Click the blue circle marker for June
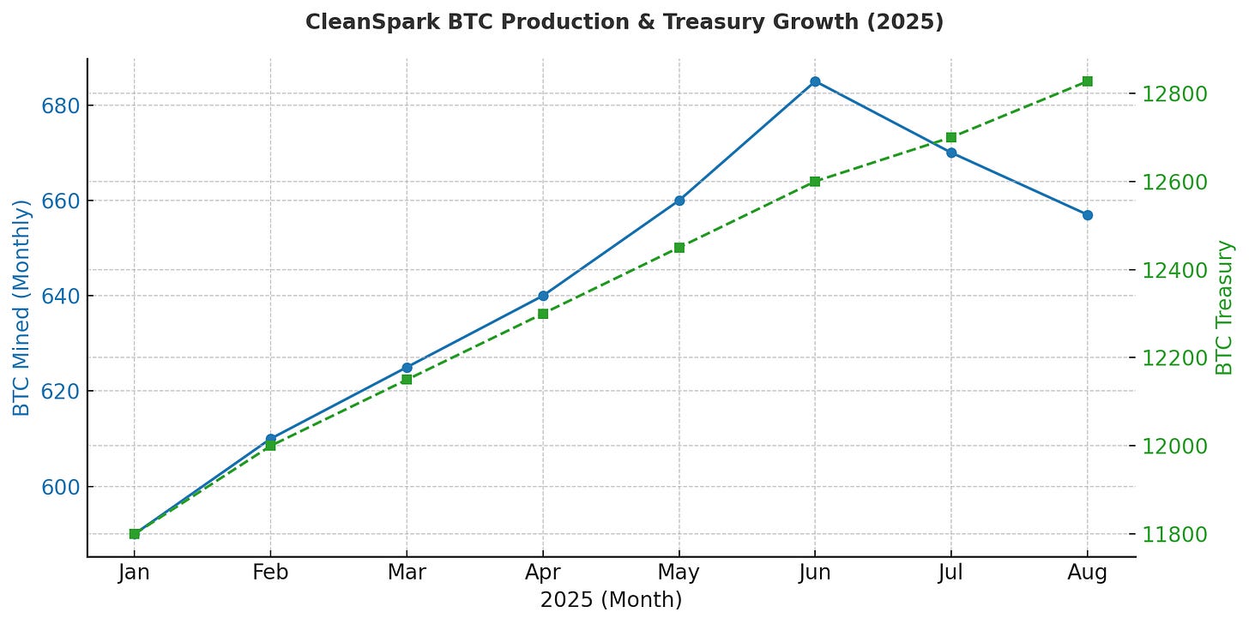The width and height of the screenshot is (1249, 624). click(815, 81)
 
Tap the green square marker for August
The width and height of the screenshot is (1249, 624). click(1087, 81)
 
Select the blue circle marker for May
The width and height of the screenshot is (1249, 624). click(679, 201)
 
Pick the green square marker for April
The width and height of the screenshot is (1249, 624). click(543, 314)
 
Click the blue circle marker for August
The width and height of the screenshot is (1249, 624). click(1087, 215)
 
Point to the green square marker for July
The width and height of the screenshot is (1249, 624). click(950, 137)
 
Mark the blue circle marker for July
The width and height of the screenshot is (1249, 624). click(950, 153)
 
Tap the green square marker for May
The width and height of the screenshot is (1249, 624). click(679, 248)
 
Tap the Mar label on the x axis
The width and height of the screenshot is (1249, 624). click(407, 573)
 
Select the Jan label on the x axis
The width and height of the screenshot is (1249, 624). click(135, 573)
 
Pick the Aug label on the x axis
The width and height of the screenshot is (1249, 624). click(1087, 573)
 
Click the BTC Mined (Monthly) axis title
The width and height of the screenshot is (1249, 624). click(21, 307)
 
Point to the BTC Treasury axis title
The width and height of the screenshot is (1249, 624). click(1224, 307)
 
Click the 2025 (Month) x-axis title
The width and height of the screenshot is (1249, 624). click(611, 600)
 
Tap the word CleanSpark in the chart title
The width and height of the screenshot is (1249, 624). click(357, 21)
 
